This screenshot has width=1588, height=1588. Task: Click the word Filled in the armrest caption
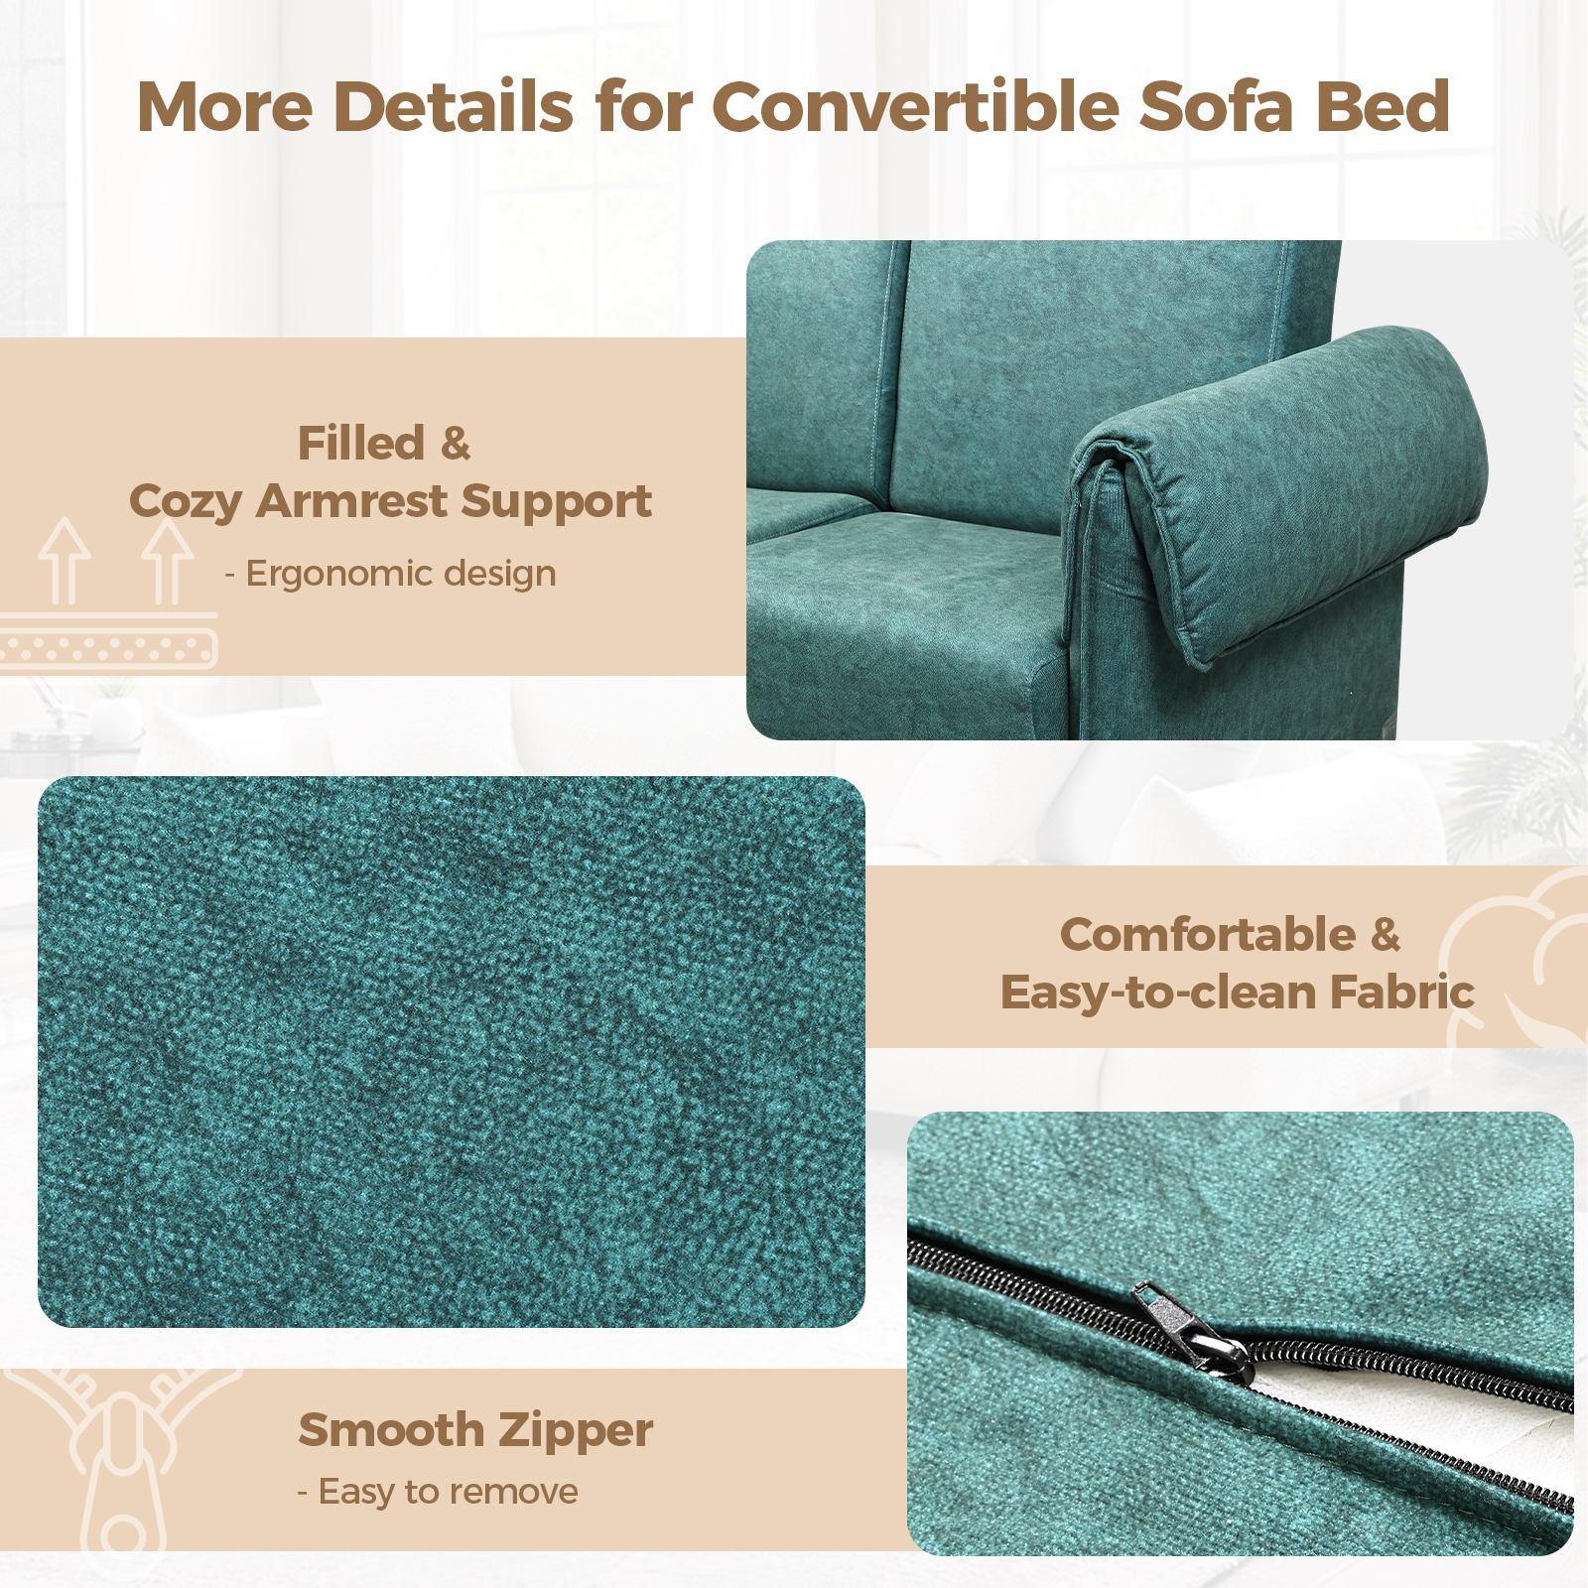click(x=361, y=443)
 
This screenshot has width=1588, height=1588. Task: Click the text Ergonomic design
click(x=401, y=574)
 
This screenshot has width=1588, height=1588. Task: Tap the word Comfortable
click(x=1208, y=934)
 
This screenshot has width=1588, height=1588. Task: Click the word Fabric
click(x=1401, y=992)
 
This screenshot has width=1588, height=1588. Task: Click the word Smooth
click(x=391, y=1430)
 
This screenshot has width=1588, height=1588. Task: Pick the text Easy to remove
click(x=448, y=1491)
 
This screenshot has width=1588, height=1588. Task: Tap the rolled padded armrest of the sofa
click(x=1280, y=486)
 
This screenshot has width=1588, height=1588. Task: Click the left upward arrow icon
click(x=65, y=560)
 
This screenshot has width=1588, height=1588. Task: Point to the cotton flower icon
click(x=1519, y=958)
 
